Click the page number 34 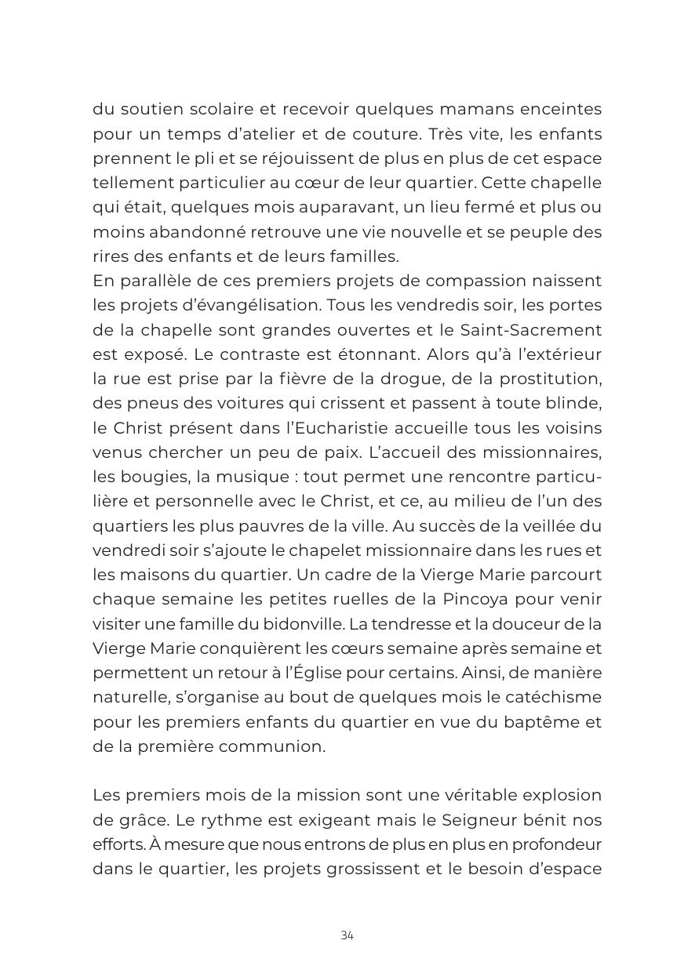tap(347, 935)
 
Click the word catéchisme tap(553, 697)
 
